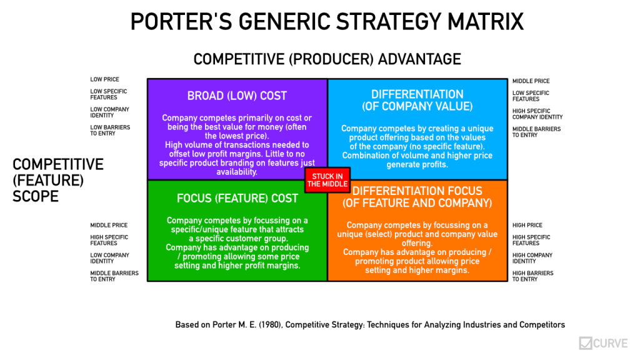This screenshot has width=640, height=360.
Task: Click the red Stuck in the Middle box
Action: click(327, 180)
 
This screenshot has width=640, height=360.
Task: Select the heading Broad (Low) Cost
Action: click(237, 96)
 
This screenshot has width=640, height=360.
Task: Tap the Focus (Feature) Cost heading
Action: click(237, 198)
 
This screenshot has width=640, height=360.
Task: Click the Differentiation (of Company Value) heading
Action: click(417, 101)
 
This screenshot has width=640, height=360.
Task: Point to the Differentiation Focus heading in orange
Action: click(417, 197)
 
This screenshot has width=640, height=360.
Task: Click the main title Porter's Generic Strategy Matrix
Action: click(327, 22)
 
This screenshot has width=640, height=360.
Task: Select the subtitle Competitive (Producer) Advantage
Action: click(327, 59)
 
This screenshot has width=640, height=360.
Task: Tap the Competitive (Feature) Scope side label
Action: click(58, 181)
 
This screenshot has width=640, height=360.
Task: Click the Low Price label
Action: click(104, 79)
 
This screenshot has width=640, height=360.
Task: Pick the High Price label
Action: click(527, 225)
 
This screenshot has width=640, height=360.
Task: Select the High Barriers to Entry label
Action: click(532, 276)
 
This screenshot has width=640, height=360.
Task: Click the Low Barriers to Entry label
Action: click(110, 131)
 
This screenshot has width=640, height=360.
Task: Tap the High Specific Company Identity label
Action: click(537, 114)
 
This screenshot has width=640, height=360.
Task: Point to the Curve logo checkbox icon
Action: click(585, 343)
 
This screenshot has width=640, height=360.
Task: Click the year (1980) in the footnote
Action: click(270, 325)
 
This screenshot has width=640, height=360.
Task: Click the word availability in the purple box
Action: click(237, 172)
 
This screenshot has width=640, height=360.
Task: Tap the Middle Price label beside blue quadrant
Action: click(531, 81)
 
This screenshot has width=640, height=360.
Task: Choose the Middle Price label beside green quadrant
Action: click(109, 225)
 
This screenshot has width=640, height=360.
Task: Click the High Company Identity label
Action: click(532, 258)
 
